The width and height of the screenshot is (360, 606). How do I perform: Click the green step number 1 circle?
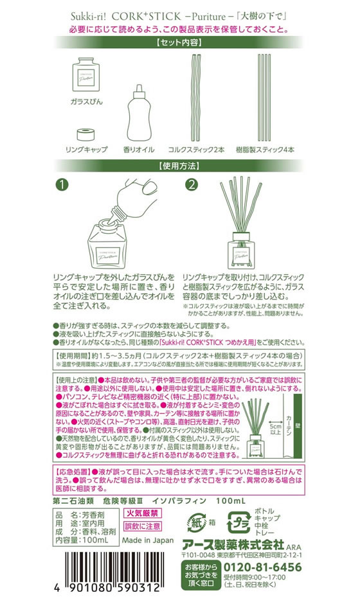pos(61,185)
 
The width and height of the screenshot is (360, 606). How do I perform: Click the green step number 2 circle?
pos(192,185)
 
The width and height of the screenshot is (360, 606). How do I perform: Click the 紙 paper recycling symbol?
pos(196,519)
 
